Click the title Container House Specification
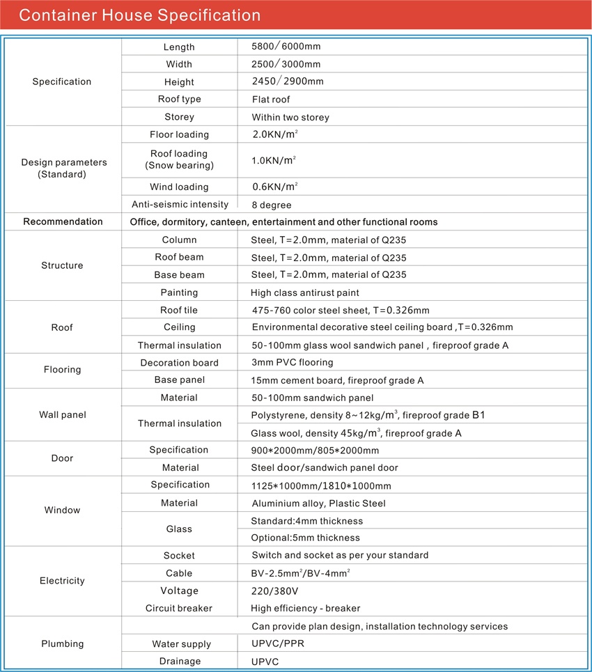pyautogui.click(x=139, y=15)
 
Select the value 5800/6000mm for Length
pyautogui.click(x=286, y=47)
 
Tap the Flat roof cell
pyautogui.click(x=271, y=100)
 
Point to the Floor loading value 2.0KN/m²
pyautogui.click(x=274, y=134)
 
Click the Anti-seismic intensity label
pyautogui.click(x=180, y=205)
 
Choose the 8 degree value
pyautogui.click(x=271, y=205)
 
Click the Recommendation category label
pyautogui.click(x=63, y=222)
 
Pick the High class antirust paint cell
pyautogui.click(x=305, y=292)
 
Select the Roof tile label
pyautogui.click(x=179, y=310)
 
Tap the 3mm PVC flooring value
pyautogui.click(x=292, y=362)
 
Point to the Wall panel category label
pyautogui.click(x=62, y=415)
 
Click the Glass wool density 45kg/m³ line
pyautogui.click(x=356, y=433)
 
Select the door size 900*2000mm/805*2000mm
pyautogui.click(x=315, y=451)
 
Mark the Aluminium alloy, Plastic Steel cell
pyautogui.click(x=318, y=503)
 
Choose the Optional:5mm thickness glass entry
pyautogui.click(x=305, y=538)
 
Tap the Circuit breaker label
pyautogui.click(x=179, y=608)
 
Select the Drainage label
pyautogui.click(x=179, y=661)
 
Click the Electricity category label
pyautogui.click(x=62, y=581)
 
